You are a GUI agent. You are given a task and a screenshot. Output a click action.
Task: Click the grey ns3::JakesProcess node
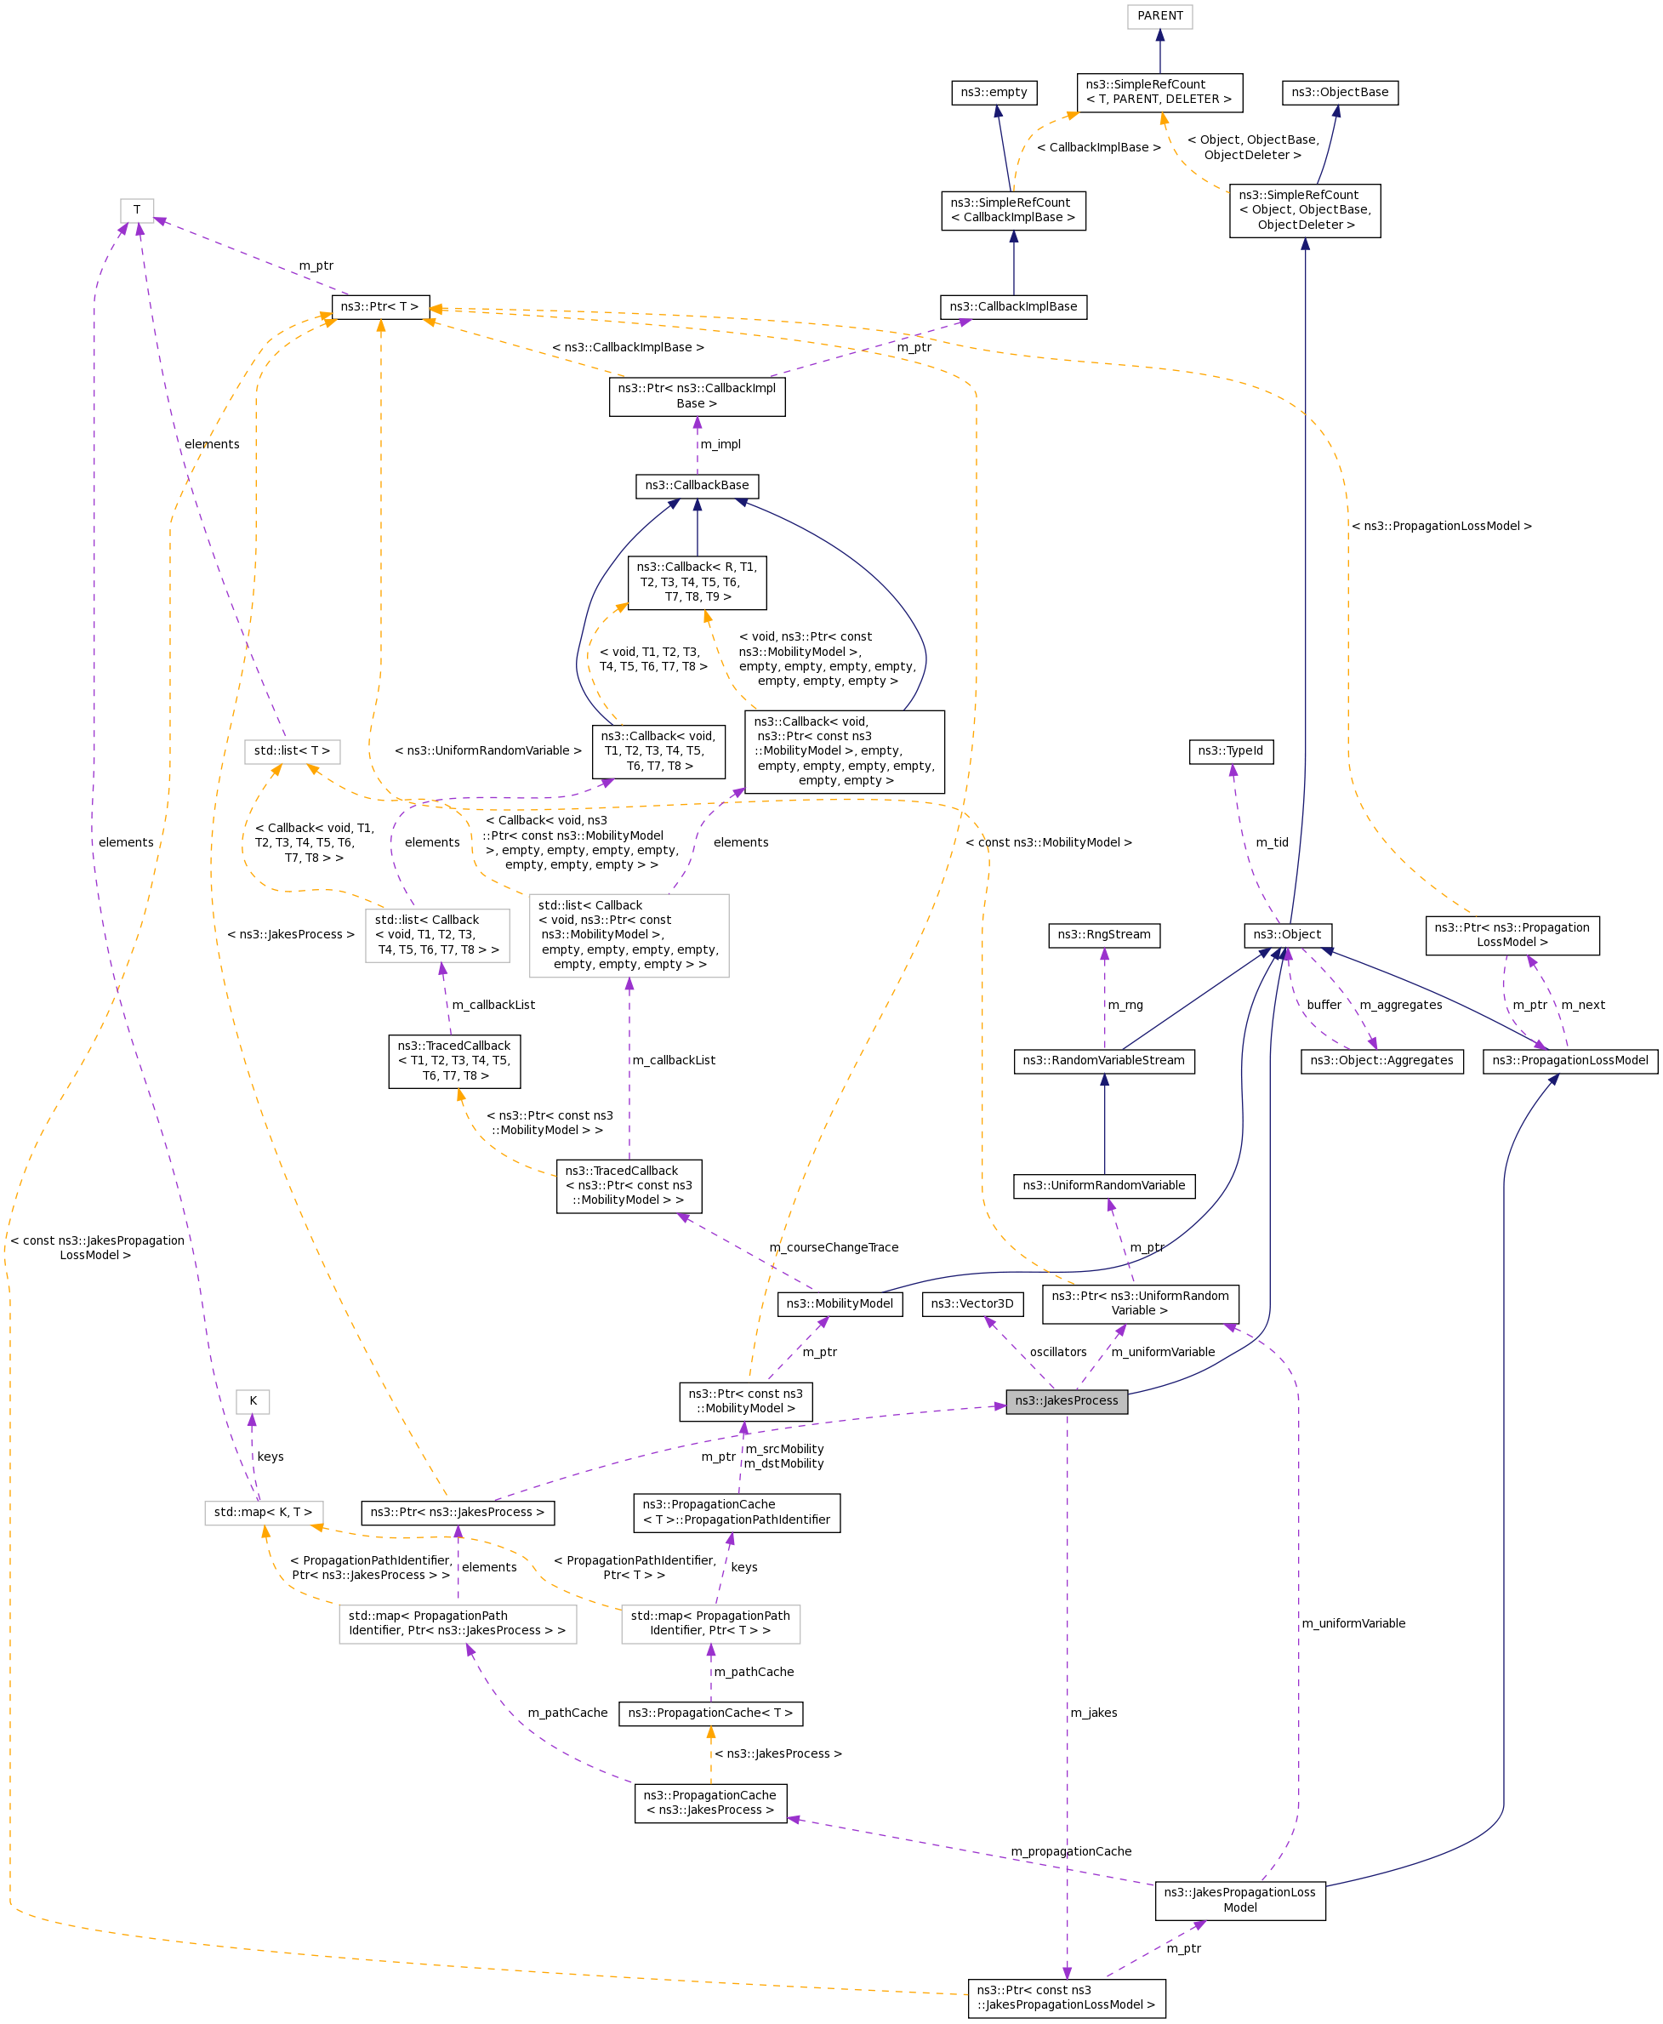(x=1066, y=1400)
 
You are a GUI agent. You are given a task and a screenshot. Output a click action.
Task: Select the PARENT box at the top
(x=1159, y=16)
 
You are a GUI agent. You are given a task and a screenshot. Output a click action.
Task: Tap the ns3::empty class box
(x=994, y=92)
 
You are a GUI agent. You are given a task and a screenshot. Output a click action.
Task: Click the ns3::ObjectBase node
(x=1339, y=92)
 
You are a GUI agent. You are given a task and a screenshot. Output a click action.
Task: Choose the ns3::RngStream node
(x=1103, y=935)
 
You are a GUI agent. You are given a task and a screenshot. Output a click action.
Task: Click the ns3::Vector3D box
(x=971, y=1303)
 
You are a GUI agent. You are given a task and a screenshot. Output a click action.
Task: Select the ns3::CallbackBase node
(x=697, y=486)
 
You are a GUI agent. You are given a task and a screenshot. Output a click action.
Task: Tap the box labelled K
(x=253, y=1401)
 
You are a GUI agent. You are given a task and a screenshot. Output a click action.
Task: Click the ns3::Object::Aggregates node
(x=1381, y=1060)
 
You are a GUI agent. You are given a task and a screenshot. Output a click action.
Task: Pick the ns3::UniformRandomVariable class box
(x=1103, y=1186)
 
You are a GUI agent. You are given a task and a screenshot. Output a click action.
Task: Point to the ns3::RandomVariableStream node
(x=1103, y=1060)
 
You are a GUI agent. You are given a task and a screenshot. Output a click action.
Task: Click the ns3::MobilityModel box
(x=840, y=1303)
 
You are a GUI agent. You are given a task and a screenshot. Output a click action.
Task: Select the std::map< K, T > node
(x=263, y=1513)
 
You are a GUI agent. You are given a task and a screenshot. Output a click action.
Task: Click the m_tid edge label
(x=1273, y=843)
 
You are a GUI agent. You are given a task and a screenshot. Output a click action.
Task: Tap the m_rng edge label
(x=1125, y=1005)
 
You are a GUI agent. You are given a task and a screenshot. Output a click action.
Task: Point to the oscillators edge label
(x=1057, y=1353)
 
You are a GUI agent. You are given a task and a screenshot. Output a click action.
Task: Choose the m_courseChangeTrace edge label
(x=834, y=1247)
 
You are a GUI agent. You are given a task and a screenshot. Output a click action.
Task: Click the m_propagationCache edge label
(x=1071, y=1851)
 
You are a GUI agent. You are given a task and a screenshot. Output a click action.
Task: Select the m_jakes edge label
(x=1093, y=1713)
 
